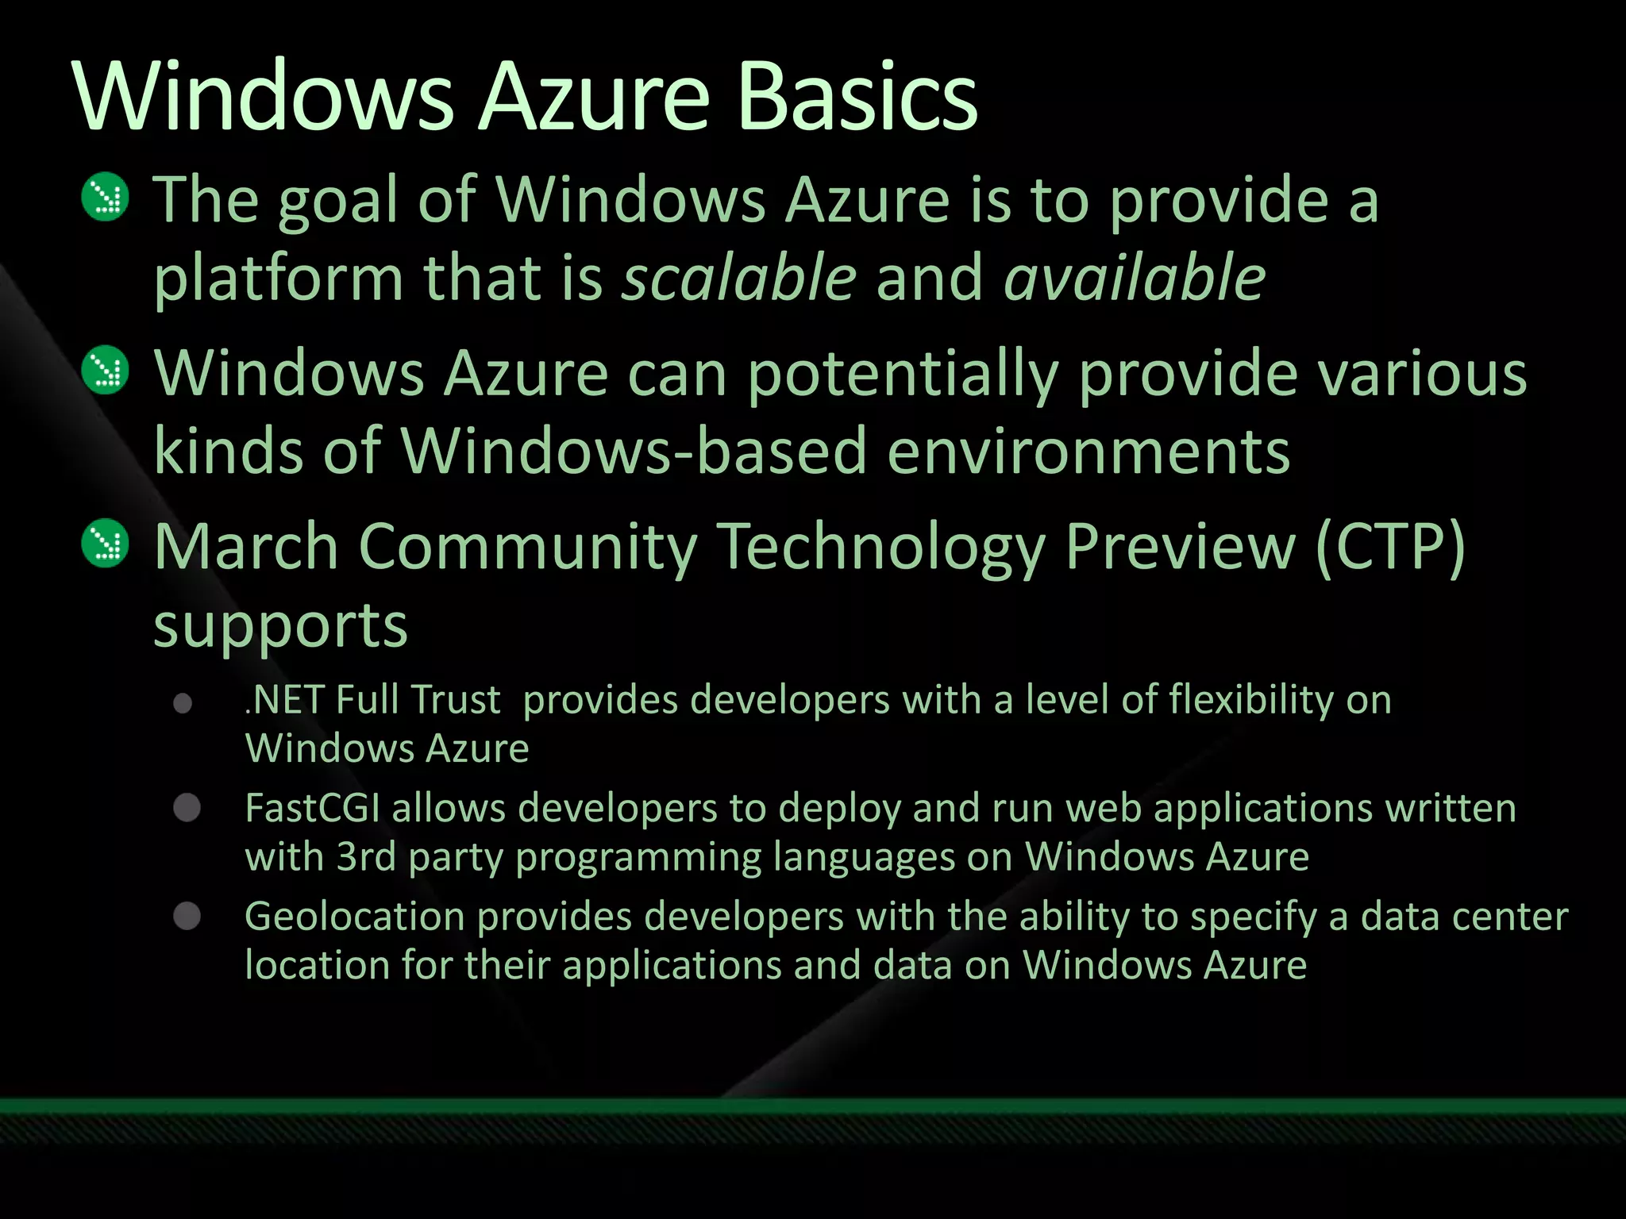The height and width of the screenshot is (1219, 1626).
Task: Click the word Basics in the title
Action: (857, 97)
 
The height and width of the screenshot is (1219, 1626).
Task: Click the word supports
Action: (280, 625)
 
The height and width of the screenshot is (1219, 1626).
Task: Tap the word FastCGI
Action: (312, 809)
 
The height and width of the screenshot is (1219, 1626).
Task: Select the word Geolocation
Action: (354, 917)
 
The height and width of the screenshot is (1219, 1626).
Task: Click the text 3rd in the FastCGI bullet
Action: (366, 857)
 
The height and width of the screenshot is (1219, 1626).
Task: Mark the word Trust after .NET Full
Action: (456, 701)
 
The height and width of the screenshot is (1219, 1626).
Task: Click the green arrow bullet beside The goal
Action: (106, 197)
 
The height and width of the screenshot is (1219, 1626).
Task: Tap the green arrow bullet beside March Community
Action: (106, 544)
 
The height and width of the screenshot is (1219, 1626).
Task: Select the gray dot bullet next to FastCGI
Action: (187, 808)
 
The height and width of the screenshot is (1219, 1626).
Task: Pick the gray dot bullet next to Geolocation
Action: (187, 916)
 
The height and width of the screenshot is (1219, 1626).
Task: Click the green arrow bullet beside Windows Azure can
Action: (106, 370)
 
